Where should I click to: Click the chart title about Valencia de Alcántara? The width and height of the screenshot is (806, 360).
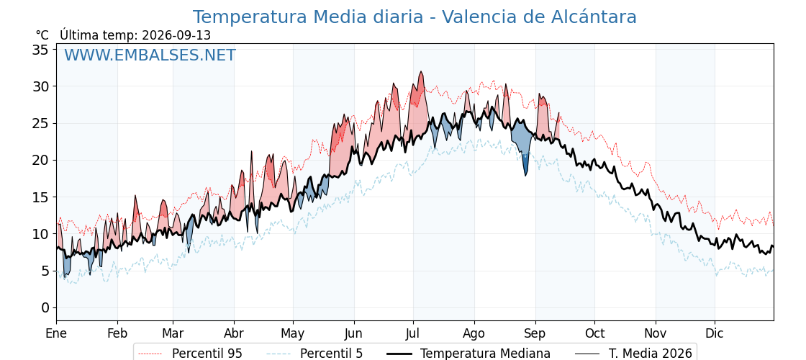pyautogui.click(x=415, y=17)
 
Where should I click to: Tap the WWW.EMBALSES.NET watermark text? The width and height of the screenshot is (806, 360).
pyautogui.click(x=150, y=55)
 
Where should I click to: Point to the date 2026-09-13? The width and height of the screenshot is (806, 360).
pyautogui.click(x=176, y=35)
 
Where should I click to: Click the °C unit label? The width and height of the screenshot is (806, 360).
pyautogui.click(x=42, y=35)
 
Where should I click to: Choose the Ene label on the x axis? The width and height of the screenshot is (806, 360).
pyautogui.click(x=56, y=333)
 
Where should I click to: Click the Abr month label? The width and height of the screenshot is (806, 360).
pyautogui.click(x=234, y=333)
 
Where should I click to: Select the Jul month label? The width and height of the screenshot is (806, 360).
pyautogui.click(x=413, y=333)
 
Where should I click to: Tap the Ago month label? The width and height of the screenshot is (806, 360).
pyautogui.click(x=474, y=333)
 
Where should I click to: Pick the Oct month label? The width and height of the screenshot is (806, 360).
pyautogui.click(x=594, y=333)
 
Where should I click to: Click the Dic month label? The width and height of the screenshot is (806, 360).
pyautogui.click(x=715, y=333)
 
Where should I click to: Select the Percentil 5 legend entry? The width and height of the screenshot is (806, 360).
pyautogui.click(x=315, y=354)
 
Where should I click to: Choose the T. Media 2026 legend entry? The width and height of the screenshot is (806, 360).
pyautogui.click(x=634, y=354)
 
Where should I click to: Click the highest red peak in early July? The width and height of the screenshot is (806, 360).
pyautogui.click(x=420, y=73)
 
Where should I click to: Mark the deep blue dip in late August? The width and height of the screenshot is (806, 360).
pyautogui.click(x=525, y=176)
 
